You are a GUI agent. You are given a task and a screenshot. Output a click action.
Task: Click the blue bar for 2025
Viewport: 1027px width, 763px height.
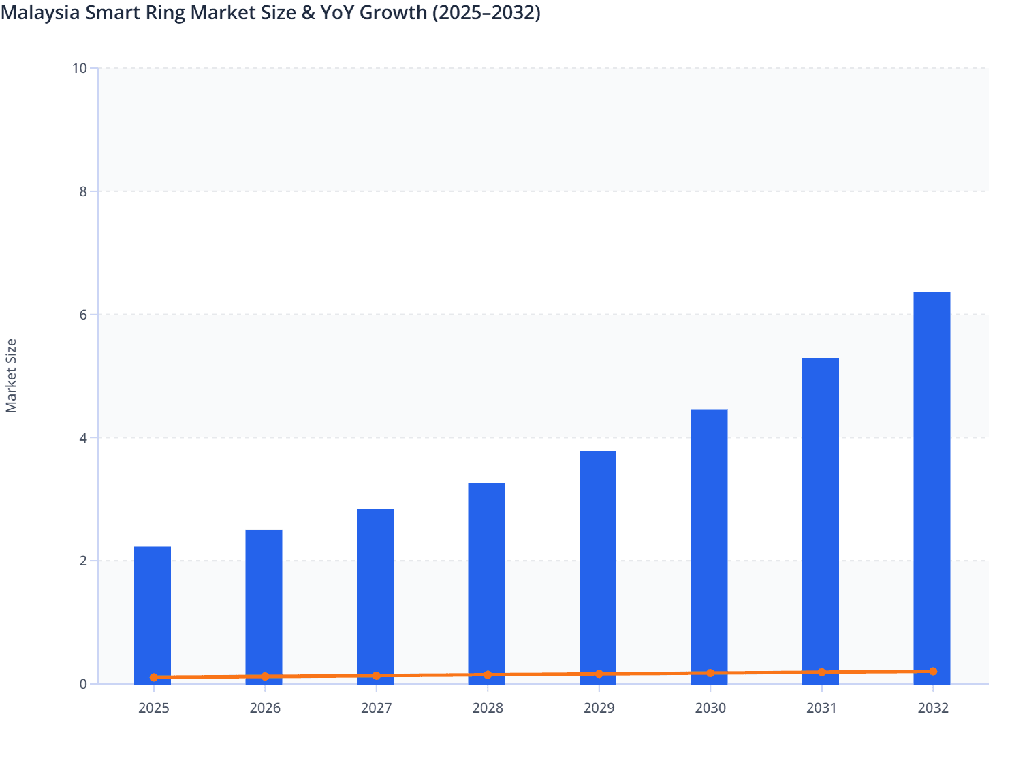click(x=153, y=613)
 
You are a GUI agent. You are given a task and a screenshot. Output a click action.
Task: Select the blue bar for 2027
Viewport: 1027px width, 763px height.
click(x=375, y=593)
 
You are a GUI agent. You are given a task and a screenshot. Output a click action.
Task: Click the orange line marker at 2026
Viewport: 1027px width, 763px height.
click(x=265, y=676)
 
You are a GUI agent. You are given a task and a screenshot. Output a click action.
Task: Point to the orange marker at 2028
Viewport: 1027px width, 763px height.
click(x=488, y=675)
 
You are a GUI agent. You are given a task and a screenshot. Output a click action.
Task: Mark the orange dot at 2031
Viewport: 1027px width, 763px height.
click(x=821, y=672)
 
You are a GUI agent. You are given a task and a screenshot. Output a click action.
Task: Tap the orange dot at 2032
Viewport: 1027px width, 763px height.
click(x=933, y=672)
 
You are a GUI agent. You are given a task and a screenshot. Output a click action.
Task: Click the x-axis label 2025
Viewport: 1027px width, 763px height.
click(x=154, y=708)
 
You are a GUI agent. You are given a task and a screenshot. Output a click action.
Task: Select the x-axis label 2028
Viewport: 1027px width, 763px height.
click(x=488, y=708)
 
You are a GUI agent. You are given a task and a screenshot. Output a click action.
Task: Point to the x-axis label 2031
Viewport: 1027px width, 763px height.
click(x=821, y=708)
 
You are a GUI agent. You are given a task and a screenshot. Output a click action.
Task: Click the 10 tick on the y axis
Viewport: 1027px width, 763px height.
click(x=79, y=68)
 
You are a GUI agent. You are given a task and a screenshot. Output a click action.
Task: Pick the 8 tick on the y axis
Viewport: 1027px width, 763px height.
click(x=83, y=191)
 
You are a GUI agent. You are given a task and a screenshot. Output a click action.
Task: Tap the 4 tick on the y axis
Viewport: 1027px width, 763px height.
click(x=83, y=438)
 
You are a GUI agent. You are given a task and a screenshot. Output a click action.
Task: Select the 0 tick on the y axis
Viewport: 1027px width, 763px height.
click(x=83, y=684)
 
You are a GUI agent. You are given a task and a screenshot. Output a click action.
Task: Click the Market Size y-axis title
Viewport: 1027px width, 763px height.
click(x=11, y=375)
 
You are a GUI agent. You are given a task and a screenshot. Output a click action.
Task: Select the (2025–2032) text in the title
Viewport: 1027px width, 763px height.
click(x=486, y=12)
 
